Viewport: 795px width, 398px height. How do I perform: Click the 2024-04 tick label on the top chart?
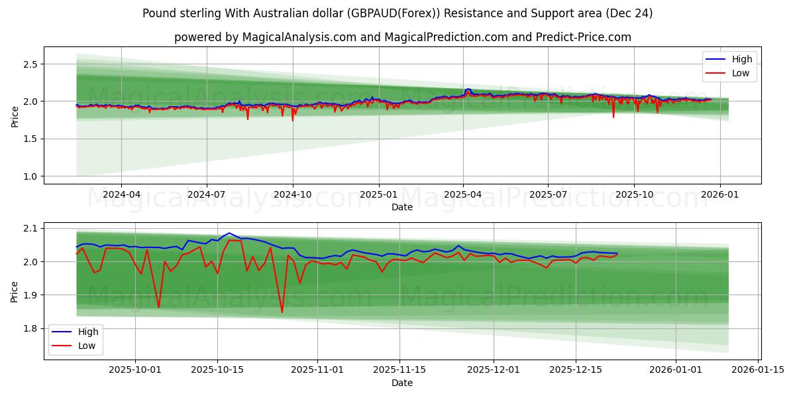click(x=121, y=195)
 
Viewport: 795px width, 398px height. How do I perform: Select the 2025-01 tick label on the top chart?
click(x=378, y=195)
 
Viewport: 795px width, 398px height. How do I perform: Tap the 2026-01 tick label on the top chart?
click(x=719, y=195)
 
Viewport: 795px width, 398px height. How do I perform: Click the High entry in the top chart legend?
click(x=741, y=59)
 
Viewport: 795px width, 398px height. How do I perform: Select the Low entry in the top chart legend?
click(x=740, y=74)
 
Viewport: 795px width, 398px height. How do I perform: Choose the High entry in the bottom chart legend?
click(x=87, y=332)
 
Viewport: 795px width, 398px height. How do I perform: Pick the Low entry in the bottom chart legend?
click(x=86, y=346)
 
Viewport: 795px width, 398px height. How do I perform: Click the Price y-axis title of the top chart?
click(x=15, y=117)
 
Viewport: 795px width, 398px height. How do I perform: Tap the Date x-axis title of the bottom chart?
click(x=402, y=383)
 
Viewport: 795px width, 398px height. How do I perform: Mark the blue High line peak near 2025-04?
click(x=468, y=89)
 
